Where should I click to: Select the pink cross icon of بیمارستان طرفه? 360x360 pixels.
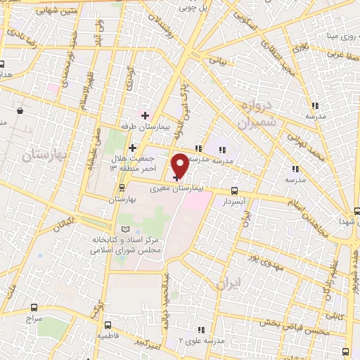[x=145, y=115]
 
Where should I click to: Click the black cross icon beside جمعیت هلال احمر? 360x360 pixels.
[x=132, y=148]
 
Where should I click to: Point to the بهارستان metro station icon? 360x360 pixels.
[x=124, y=188]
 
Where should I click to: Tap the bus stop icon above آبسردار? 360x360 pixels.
[x=234, y=190]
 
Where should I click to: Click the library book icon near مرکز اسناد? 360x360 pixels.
[x=125, y=229]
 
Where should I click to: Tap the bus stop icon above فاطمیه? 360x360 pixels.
[x=108, y=325]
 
